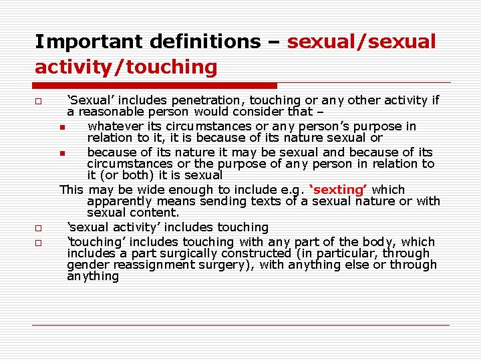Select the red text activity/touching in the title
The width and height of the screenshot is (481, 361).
[x=126, y=67]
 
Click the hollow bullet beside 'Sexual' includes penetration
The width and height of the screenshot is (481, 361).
[x=39, y=101]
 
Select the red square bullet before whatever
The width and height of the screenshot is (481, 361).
[x=61, y=127]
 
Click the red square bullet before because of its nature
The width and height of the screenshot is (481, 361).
[x=61, y=153]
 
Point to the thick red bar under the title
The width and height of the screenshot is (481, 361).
[x=155, y=86]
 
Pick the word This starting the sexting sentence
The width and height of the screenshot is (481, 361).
[x=72, y=190]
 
